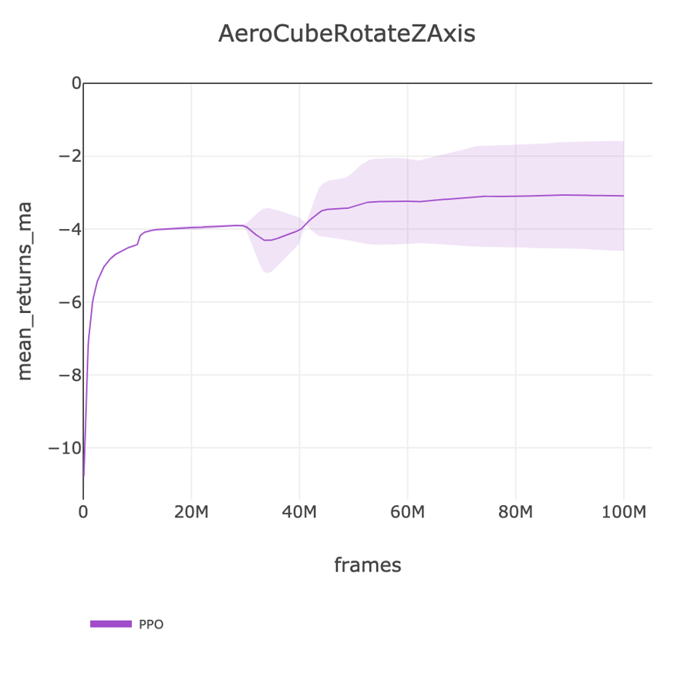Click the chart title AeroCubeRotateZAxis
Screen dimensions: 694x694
coord(347,35)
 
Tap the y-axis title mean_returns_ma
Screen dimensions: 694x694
coord(25,291)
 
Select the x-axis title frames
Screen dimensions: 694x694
coord(368,565)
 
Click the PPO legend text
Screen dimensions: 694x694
coord(151,625)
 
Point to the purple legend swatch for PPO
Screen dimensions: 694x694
coord(111,624)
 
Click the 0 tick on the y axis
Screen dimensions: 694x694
coord(76,83)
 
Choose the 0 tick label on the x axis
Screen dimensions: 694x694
coord(83,513)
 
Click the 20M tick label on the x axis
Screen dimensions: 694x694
coord(191,513)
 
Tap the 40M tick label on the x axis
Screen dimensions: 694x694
coord(299,513)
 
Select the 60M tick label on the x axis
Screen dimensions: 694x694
coord(407,513)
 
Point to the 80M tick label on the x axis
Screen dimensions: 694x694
coord(515,513)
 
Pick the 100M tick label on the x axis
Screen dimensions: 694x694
coord(623,513)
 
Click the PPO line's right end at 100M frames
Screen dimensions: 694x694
coord(623,196)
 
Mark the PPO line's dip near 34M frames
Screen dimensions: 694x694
coord(266,241)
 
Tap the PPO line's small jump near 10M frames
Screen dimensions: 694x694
coord(139,238)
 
